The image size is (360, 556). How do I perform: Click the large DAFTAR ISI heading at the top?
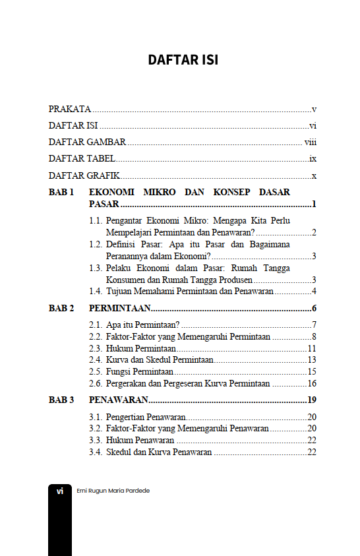coord(183,60)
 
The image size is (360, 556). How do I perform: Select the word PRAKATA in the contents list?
coord(70,109)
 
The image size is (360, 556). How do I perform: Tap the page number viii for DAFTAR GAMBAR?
coord(311,142)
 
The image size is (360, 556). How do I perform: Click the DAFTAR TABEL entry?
coord(82,159)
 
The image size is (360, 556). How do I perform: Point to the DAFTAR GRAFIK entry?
coord(84,176)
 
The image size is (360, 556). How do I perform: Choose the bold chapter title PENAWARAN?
coord(118,400)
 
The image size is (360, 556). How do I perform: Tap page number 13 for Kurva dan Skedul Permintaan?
coord(312,360)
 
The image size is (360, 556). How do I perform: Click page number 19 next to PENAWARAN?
coord(312,400)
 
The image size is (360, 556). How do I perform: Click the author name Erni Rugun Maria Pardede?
coord(113,491)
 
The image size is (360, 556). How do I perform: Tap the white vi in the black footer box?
coord(60,491)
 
